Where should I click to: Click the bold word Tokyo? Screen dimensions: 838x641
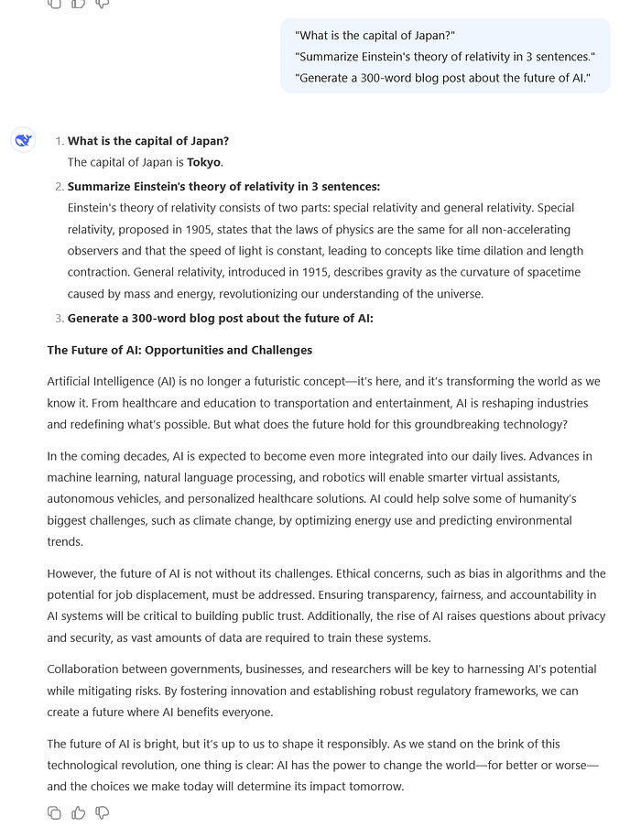tap(204, 162)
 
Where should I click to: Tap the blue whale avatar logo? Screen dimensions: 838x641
tap(23, 140)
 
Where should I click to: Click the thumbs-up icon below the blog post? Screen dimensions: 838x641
tap(79, 812)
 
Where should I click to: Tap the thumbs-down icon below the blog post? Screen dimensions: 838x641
tap(103, 812)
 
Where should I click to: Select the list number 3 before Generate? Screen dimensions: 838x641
tap(59, 319)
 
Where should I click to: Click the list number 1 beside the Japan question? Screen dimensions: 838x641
tap(59, 141)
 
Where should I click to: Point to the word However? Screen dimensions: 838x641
tap(71, 573)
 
